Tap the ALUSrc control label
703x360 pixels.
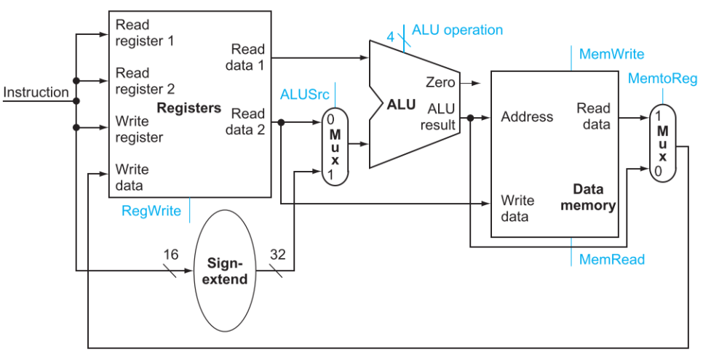pos(304,95)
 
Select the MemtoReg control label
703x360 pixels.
pos(662,79)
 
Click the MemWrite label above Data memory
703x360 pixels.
pos(611,55)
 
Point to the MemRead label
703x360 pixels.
pos(611,259)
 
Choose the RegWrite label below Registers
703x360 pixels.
pos(151,211)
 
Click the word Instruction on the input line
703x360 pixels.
pos(36,92)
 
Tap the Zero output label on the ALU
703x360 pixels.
pos(440,82)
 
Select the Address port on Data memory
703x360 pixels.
pos(527,116)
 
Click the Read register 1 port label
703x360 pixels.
pos(144,33)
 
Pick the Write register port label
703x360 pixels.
pos(138,129)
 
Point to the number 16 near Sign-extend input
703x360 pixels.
pos(170,255)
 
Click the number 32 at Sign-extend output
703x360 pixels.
pos(277,255)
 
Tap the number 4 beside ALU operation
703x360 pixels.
pos(391,37)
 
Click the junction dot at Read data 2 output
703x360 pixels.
pos(281,122)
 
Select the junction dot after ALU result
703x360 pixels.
pos(470,118)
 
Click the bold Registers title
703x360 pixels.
pos(188,108)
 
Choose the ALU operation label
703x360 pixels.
pos(457,30)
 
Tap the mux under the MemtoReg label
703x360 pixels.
pos(663,143)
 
